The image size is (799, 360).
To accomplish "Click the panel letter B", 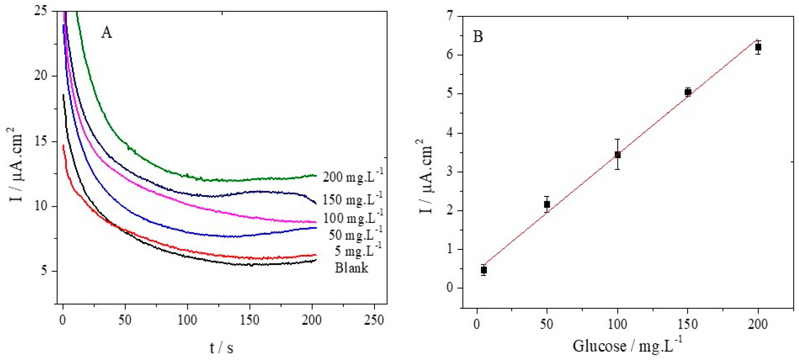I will pyautogui.click(x=478, y=37).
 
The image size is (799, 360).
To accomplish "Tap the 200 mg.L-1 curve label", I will pyautogui.click(x=353, y=176).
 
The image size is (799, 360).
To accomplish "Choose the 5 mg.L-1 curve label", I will pyautogui.click(x=358, y=251).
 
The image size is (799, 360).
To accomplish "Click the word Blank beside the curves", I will pyautogui.click(x=351, y=268).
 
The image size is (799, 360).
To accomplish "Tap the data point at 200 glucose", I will pyautogui.click(x=758, y=47).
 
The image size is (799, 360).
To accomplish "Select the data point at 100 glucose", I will pyautogui.click(x=617, y=155).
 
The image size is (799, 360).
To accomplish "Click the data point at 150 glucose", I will pyautogui.click(x=688, y=92).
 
